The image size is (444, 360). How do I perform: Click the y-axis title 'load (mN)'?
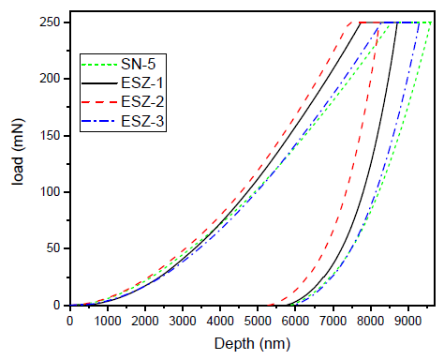(x=19, y=165)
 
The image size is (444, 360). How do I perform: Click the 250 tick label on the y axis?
(x=49, y=23)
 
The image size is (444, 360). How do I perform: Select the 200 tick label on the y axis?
(x=49, y=80)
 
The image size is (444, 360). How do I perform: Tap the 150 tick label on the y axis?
(x=49, y=136)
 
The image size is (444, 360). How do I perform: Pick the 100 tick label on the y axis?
(x=49, y=192)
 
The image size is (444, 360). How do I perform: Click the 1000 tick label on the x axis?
(x=107, y=321)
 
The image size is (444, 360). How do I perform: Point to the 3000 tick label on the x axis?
(x=182, y=321)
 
